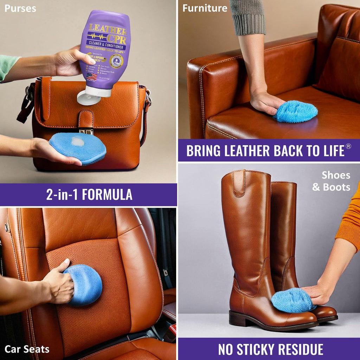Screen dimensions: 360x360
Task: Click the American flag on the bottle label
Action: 92,76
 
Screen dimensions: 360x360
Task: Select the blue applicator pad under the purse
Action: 77,148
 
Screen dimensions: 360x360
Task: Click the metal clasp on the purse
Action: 86,131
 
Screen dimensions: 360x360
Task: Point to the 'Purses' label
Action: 20,8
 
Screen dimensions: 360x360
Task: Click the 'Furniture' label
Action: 205,8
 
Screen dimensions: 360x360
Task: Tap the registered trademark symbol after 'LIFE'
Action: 348,147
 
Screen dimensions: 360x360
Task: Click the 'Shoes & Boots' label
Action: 331,181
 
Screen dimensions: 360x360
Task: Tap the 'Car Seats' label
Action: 27,349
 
